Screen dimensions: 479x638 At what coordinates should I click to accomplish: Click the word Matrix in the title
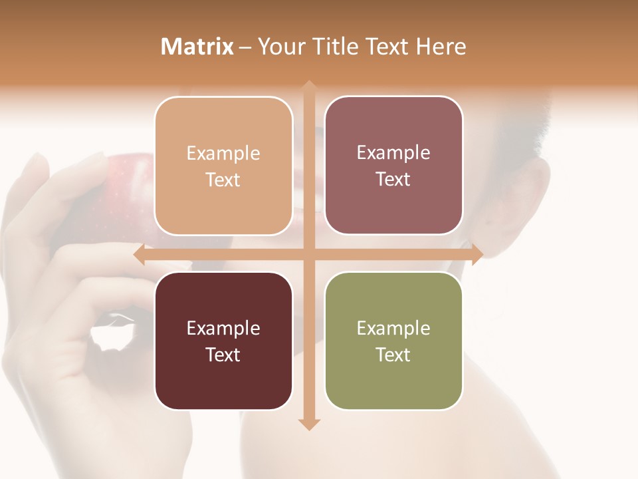[197, 46]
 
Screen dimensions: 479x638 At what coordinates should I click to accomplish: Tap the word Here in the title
[441, 46]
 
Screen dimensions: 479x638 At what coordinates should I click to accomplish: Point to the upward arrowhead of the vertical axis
[308, 86]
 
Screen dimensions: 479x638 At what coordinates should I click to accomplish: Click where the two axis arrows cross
[308, 254]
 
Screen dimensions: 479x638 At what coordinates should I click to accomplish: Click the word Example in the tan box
[223, 154]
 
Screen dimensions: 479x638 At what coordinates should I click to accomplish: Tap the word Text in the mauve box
[393, 180]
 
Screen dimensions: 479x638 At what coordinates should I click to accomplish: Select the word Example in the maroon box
[223, 329]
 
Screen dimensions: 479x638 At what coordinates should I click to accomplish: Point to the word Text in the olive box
[393, 355]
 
